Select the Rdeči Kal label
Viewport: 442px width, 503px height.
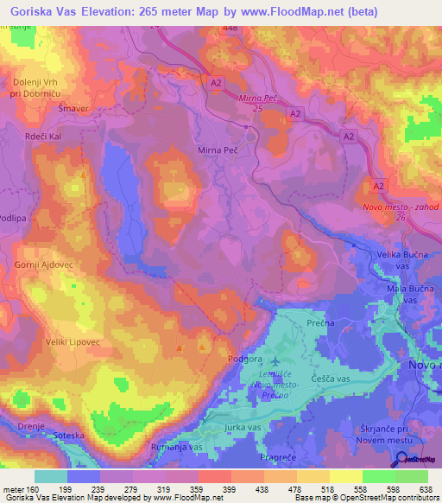[41, 136]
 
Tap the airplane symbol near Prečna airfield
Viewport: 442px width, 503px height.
[275, 360]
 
